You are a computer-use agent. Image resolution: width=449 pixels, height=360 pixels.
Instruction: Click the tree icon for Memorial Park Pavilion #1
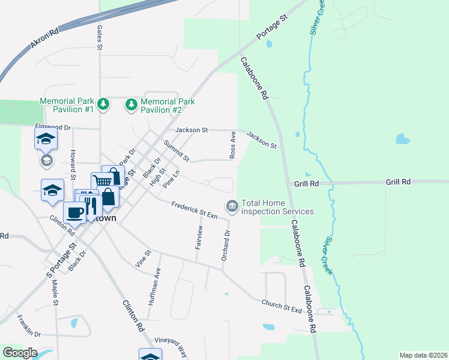click(x=103, y=104)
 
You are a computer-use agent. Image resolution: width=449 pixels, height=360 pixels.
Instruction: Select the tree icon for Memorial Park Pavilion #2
click(x=131, y=106)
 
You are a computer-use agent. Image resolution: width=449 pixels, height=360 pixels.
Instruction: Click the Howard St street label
click(x=73, y=164)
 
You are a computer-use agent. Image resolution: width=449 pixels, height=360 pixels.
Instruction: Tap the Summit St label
click(x=176, y=151)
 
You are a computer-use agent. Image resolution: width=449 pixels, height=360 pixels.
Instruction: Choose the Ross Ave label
click(x=232, y=146)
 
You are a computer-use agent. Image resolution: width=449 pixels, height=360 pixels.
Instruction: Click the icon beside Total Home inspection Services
click(x=231, y=206)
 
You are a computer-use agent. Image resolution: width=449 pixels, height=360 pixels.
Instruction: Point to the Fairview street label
click(x=200, y=238)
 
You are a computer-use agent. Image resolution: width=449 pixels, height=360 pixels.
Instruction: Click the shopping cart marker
click(x=102, y=181)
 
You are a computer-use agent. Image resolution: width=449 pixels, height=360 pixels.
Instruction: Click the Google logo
click(x=20, y=353)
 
